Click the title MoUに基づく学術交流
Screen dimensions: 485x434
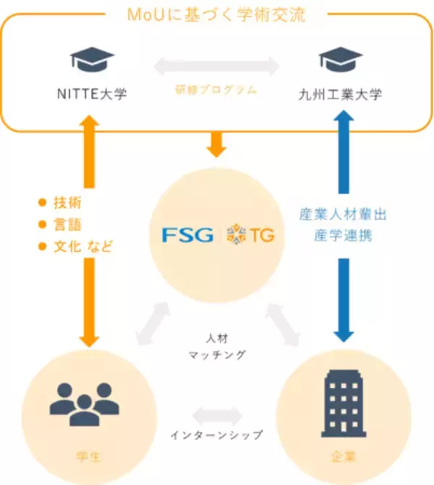(216, 13)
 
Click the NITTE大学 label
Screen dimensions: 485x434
(92, 94)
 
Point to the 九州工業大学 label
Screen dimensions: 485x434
(341, 94)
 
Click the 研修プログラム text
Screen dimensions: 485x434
(216, 90)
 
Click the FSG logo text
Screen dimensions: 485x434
(188, 235)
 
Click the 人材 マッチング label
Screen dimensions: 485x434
(216, 346)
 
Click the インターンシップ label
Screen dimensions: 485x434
(216, 436)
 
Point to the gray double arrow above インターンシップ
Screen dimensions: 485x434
(216, 414)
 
